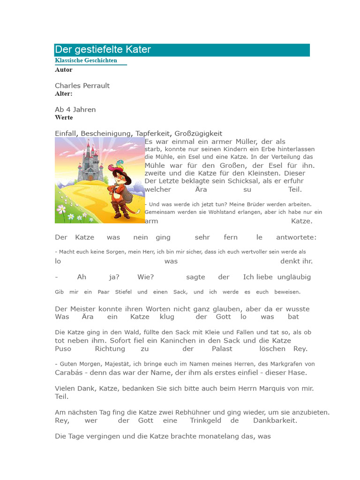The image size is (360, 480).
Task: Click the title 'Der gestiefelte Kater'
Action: [103, 50]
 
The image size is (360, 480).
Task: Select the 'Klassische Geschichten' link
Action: [86, 60]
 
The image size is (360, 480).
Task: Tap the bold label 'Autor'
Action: [64, 70]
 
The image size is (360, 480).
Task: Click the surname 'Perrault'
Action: [96, 86]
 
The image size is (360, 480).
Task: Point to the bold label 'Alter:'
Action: [64, 94]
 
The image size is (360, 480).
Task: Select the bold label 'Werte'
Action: [64, 118]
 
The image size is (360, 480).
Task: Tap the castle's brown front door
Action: [90, 177]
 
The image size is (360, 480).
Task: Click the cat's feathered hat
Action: [117, 166]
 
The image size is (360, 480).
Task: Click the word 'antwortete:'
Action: [296, 238]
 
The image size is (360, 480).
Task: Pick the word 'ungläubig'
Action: [294, 277]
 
